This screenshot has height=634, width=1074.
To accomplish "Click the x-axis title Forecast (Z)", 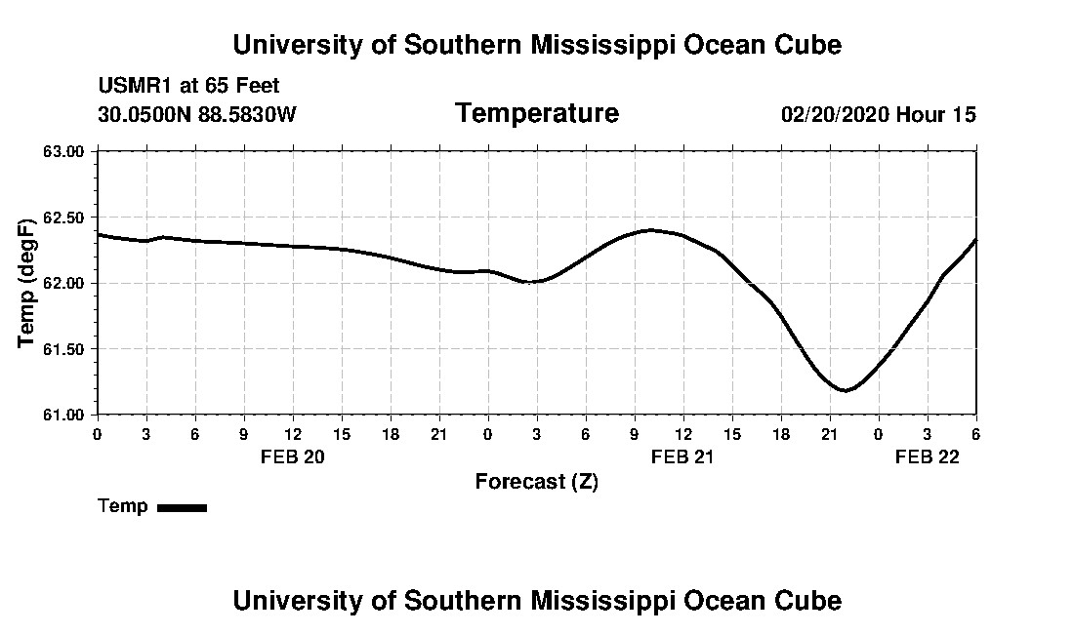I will click(536, 481).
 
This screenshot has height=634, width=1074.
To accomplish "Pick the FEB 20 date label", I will click(292, 456).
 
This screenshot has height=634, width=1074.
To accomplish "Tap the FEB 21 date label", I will click(682, 456).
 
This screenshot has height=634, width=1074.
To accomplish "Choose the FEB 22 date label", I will click(928, 456).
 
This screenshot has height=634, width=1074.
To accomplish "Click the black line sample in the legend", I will click(182, 507).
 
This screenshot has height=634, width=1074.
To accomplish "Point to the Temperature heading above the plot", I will click(536, 114).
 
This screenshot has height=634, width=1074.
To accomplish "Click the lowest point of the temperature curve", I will click(846, 390).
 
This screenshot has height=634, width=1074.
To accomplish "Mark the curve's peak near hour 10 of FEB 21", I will click(650, 230).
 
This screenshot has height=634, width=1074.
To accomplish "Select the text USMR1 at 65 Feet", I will click(188, 86).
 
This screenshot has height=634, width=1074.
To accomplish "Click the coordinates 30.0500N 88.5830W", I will click(196, 115).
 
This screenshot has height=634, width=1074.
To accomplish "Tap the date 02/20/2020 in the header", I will click(835, 115).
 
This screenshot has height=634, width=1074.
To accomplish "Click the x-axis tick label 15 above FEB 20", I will click(341, 434).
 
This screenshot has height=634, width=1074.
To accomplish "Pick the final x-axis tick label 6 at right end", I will click(975, 434).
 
